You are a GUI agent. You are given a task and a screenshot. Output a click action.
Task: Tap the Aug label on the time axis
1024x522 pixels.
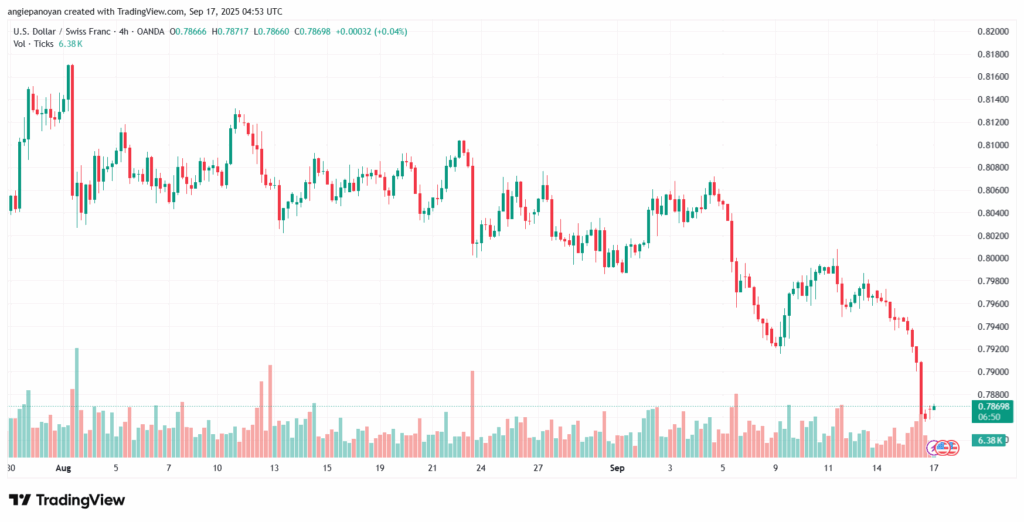pos(63,467)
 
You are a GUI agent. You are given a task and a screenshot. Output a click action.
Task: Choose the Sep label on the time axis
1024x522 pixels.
pos(618,467)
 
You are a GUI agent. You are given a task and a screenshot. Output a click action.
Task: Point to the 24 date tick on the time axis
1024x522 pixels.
pos(481,467)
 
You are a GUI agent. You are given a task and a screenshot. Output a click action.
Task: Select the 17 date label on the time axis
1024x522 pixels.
pos(933,467)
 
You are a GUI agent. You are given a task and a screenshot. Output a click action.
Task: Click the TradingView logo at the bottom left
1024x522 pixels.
pos(67,499)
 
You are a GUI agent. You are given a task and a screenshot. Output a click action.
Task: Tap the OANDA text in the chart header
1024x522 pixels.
pos(153,31)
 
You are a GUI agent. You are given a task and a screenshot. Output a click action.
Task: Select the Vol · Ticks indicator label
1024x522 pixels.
pos(36,45)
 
